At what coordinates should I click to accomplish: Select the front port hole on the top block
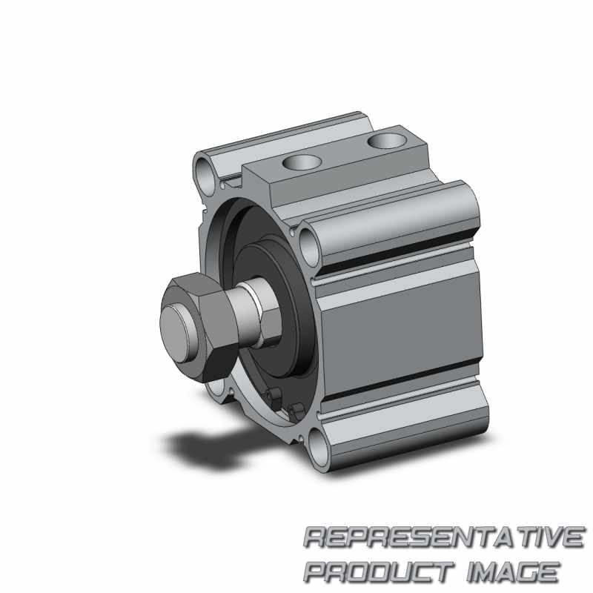302,162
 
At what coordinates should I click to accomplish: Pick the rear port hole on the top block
387,141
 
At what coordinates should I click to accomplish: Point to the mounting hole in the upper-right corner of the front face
310,248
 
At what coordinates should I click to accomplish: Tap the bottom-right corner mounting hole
320,449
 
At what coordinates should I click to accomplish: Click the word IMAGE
512,572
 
